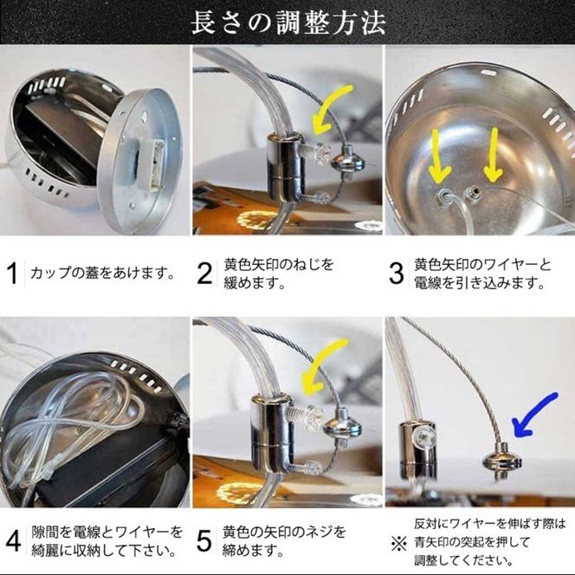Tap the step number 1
coord(12,274)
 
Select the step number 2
coord(204,274)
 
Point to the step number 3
coord(396,275)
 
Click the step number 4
coord(13,540)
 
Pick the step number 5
coord(204,540)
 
